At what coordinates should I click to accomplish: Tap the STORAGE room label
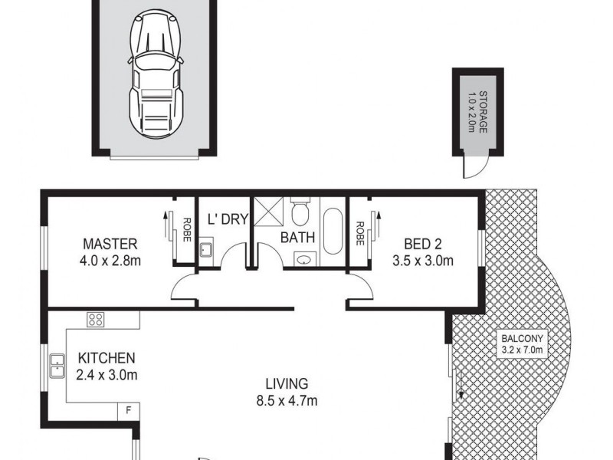click(477, 110)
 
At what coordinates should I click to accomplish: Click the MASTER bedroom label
click(110, 245)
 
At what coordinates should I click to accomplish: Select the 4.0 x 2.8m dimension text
click(110, 261)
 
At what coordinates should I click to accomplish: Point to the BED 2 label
click(422, 245)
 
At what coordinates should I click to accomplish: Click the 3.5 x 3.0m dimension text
click(422, 261)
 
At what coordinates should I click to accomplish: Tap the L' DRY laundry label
click(228, 219)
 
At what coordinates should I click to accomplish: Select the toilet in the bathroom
click(300, 209)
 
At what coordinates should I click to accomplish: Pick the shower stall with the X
click(269, 210)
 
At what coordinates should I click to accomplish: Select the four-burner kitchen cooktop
click(96, 319)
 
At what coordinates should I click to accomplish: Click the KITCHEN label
click(107, 358)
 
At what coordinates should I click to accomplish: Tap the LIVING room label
click(287, 383)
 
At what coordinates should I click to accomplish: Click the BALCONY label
click(521, 339)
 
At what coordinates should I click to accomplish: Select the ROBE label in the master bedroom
click(186, 230)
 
